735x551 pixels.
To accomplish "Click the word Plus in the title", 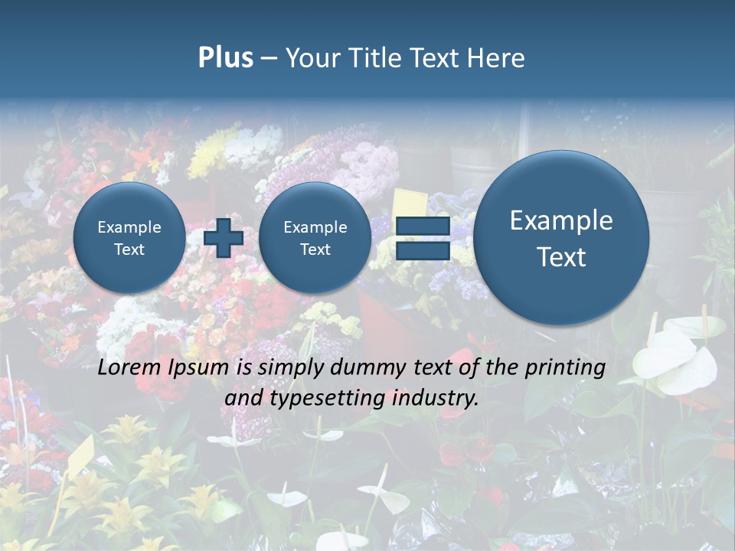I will pos(225,58).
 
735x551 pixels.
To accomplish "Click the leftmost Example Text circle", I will pos(129,238).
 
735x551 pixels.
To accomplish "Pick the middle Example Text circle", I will pos(315,238).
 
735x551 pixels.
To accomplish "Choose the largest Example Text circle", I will pos(561,238).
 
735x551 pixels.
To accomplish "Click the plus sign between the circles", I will pos(224,237).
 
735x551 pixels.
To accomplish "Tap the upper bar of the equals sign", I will pos(423,226).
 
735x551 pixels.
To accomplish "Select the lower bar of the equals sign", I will pos(423,250).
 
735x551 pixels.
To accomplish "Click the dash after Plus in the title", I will pos(269,59).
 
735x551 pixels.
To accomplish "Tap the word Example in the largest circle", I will pos(561,220).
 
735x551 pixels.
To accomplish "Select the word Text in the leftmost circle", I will pos(129,249).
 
